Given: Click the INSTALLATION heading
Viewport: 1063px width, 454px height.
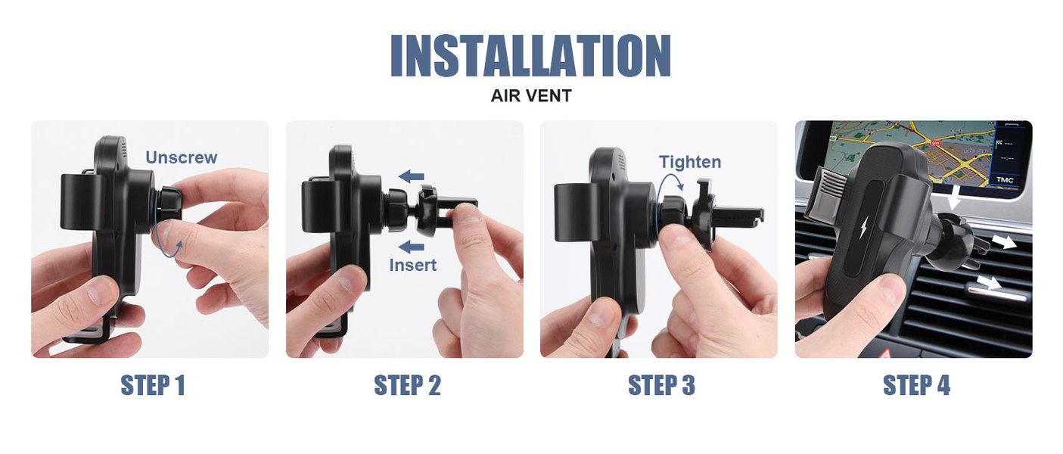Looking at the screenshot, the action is (x=530, y=55).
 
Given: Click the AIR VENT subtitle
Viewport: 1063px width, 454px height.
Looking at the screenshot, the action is (x=531, y=96).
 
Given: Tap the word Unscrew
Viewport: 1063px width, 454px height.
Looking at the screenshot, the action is (x=182, y=157).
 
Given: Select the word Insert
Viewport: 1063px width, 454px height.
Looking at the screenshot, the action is (x=412, y=265).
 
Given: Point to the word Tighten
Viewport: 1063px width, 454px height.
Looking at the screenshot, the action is (x=690, y=162).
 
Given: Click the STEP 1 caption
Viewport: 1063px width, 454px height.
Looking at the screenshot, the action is (x=152, y=384).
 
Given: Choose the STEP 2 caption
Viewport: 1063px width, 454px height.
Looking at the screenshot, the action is (x=407, y=384).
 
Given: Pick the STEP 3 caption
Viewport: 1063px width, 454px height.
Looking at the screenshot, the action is (x=661, y=384).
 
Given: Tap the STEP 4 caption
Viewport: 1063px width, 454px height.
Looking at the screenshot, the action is (x=916, y=384).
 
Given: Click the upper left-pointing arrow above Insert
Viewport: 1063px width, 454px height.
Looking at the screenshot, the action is (x=411, y=177).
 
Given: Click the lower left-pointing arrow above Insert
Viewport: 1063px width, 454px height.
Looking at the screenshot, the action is (x=411, y=247).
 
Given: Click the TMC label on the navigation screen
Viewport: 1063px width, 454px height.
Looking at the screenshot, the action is (x=1004, y=180).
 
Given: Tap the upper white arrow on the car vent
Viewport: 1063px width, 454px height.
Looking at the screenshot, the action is (x=1002, y=242).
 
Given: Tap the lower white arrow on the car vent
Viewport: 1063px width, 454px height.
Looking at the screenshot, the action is (x=990, y=283).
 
